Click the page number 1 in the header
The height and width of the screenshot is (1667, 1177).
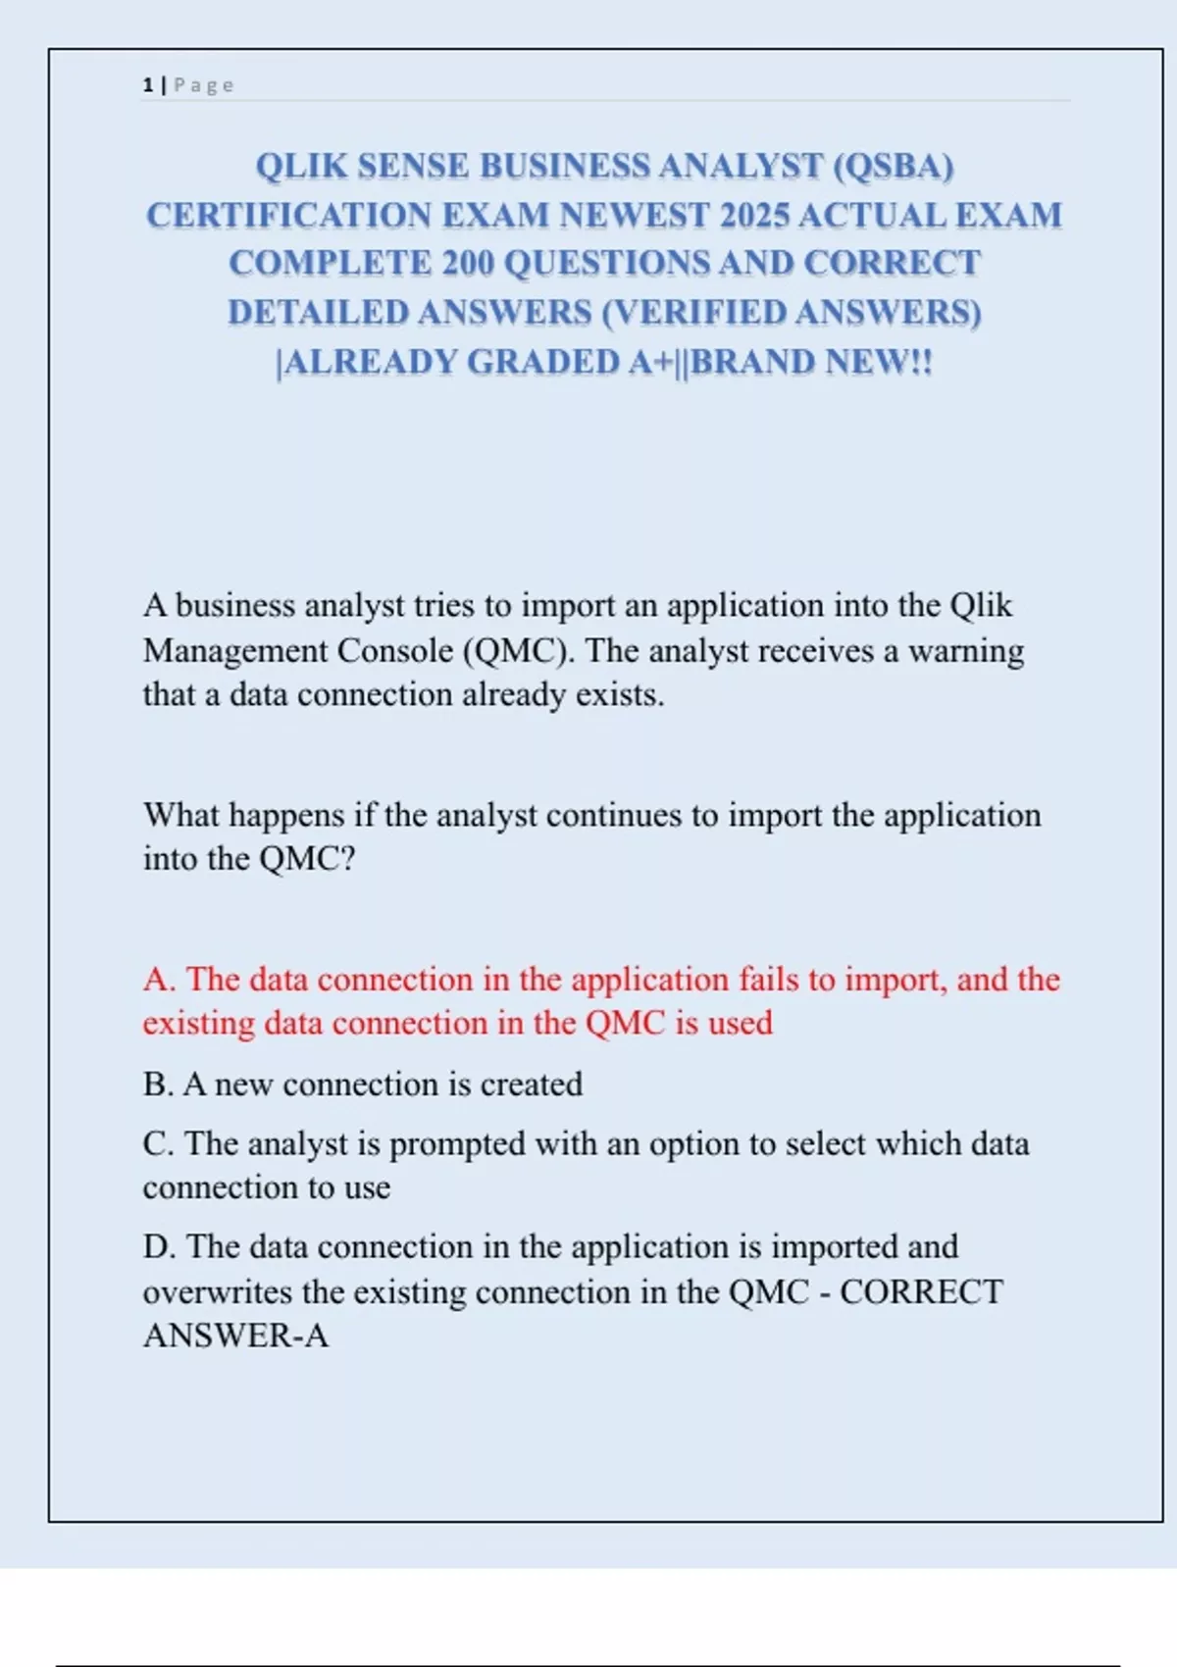pos(147,85)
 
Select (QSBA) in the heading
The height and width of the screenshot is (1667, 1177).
pos(893,166)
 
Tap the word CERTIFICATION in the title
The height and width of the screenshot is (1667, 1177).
pos(288,215)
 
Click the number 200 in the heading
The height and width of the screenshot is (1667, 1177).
pos(468,263)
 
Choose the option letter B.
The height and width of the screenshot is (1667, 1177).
pos(157,1085)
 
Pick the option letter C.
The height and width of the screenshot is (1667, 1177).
pos(157,1143)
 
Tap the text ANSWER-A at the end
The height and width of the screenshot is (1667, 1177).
pos(235,1336)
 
